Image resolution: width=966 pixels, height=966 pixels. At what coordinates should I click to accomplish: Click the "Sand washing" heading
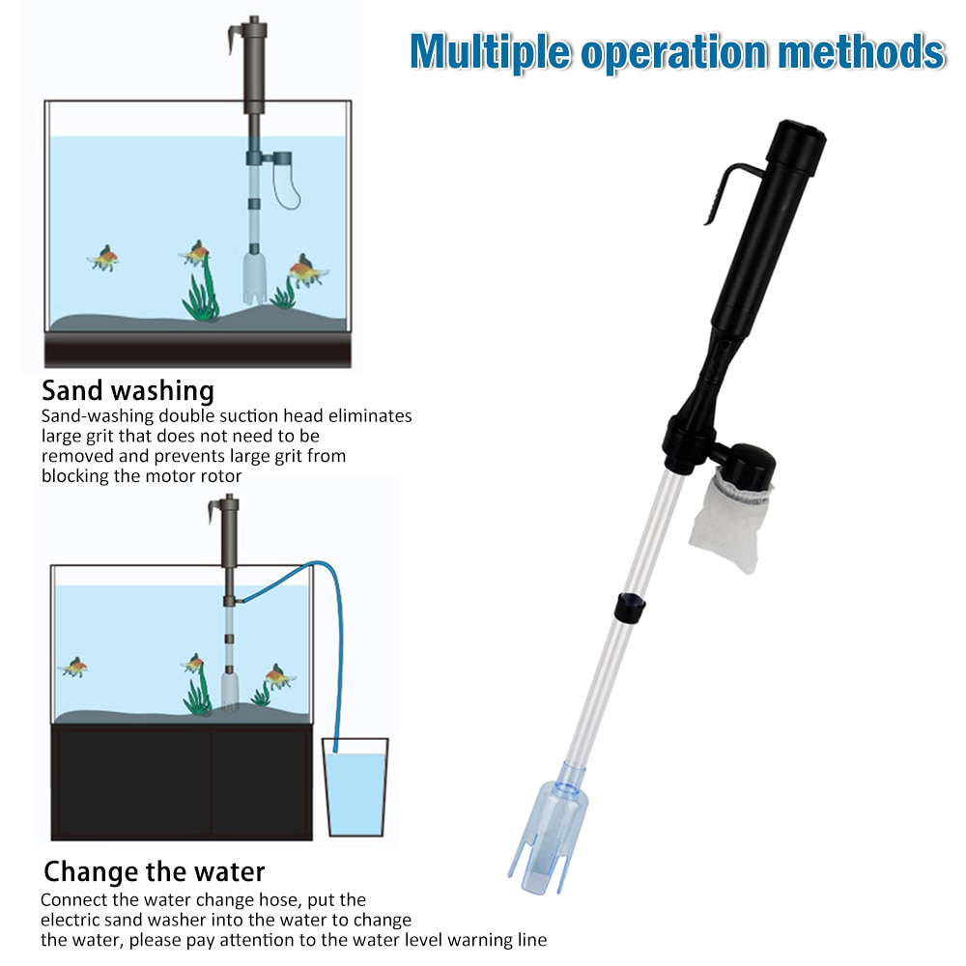(128, 391)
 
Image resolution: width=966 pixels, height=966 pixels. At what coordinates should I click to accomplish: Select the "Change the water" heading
(154, 871)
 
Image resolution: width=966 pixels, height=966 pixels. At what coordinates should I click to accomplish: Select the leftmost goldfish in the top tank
(104, 258)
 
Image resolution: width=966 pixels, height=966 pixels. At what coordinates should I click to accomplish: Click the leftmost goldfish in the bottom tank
(72, 667)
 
